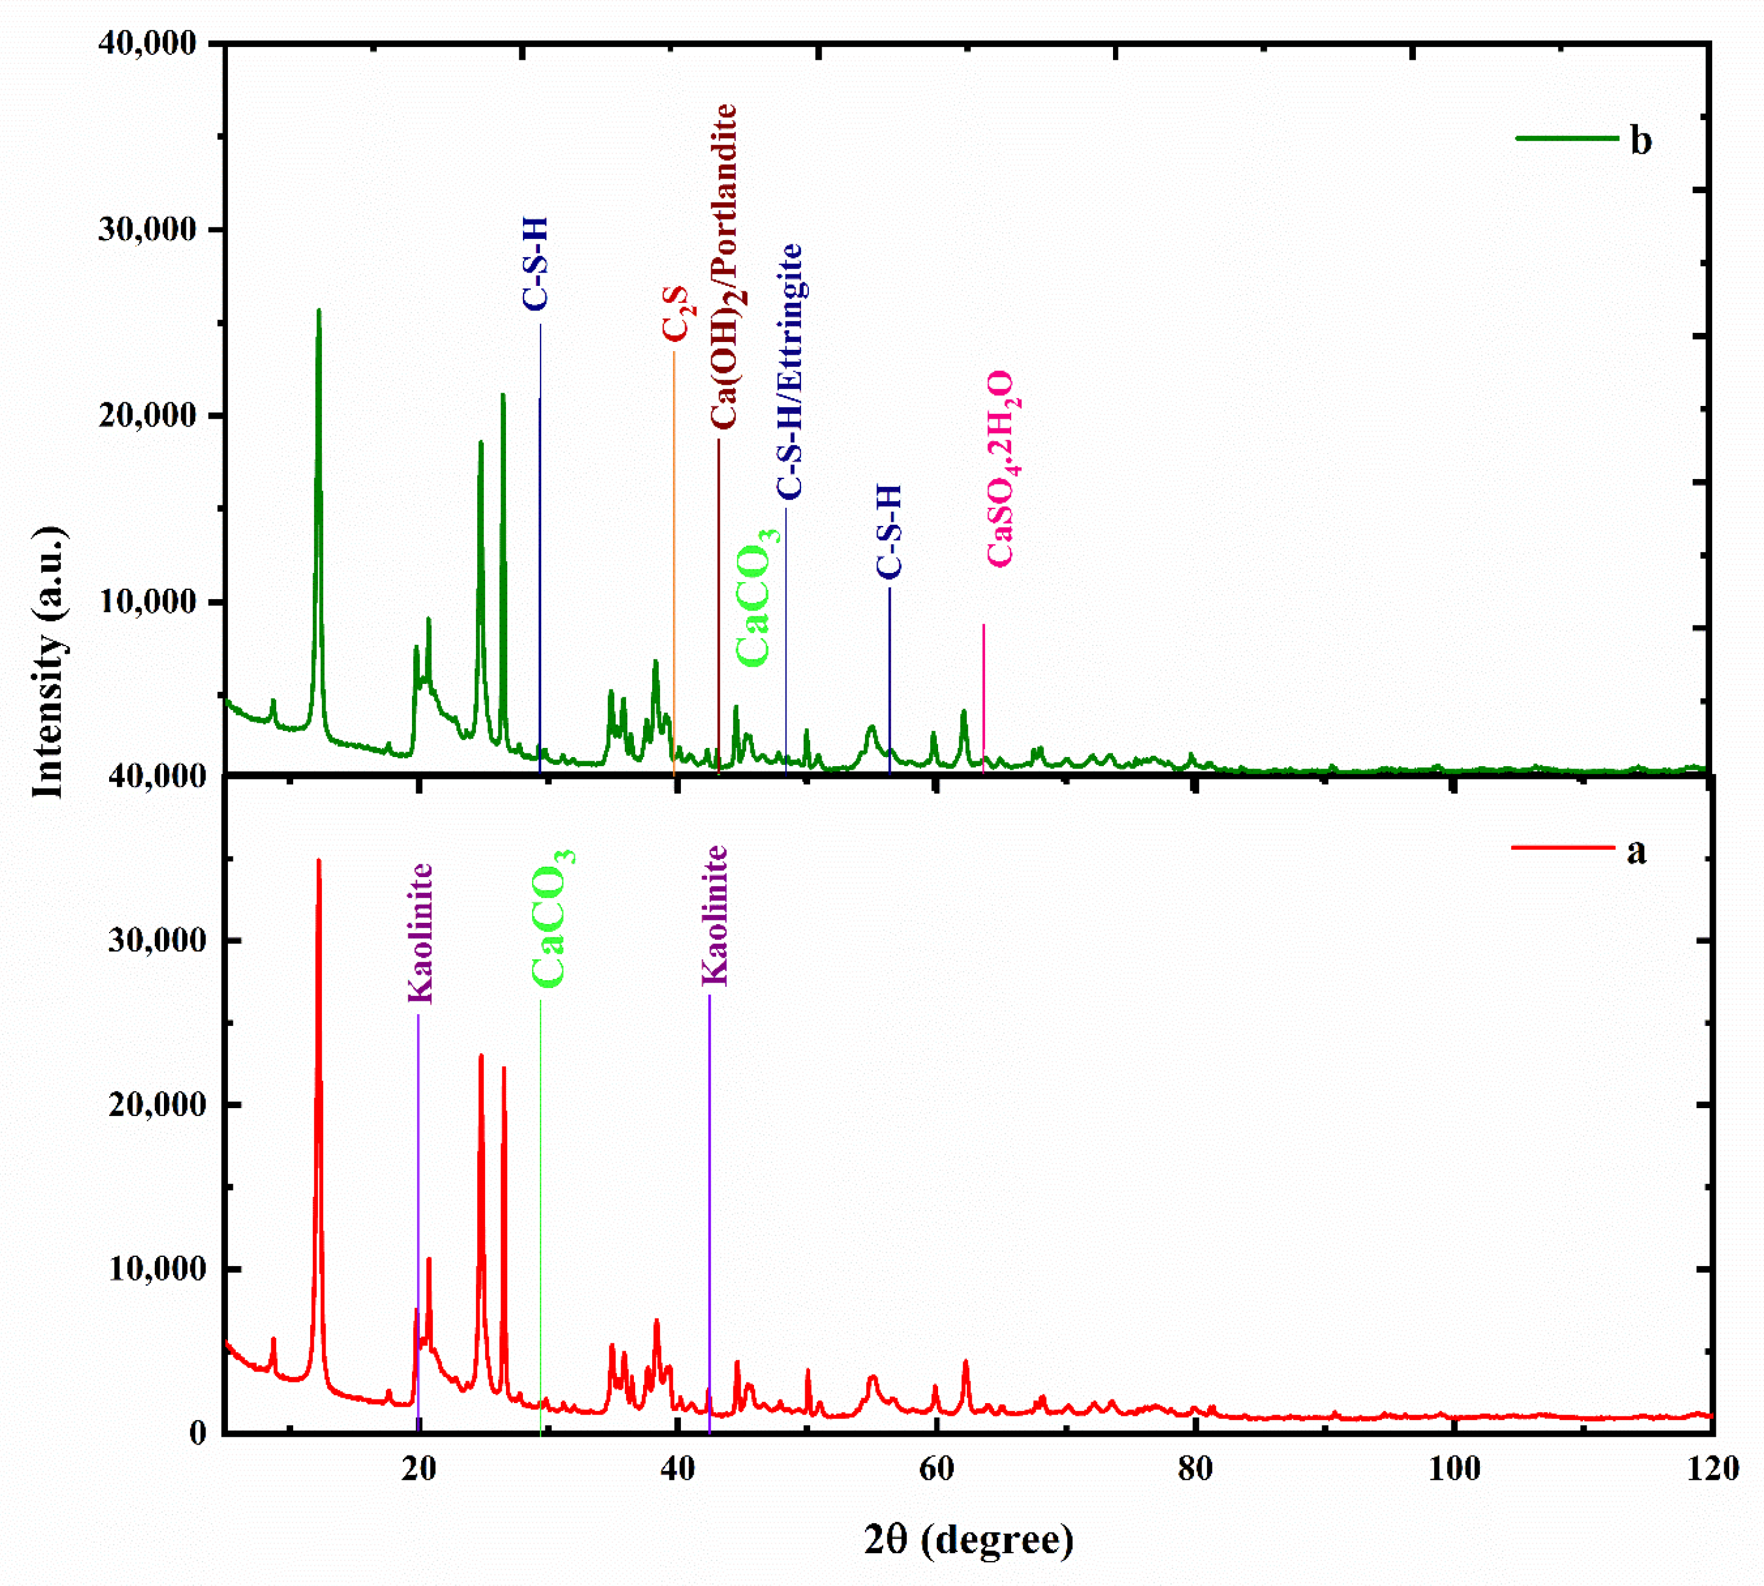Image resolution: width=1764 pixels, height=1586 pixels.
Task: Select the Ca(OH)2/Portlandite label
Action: (724, 266)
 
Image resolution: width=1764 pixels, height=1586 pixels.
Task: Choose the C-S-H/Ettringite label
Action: (789, 371)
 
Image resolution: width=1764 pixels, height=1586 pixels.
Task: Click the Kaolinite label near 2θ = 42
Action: (714, 915)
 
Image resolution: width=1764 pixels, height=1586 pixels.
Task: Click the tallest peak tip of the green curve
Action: (318, 310)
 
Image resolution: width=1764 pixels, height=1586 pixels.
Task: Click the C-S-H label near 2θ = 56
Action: (889, 532)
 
